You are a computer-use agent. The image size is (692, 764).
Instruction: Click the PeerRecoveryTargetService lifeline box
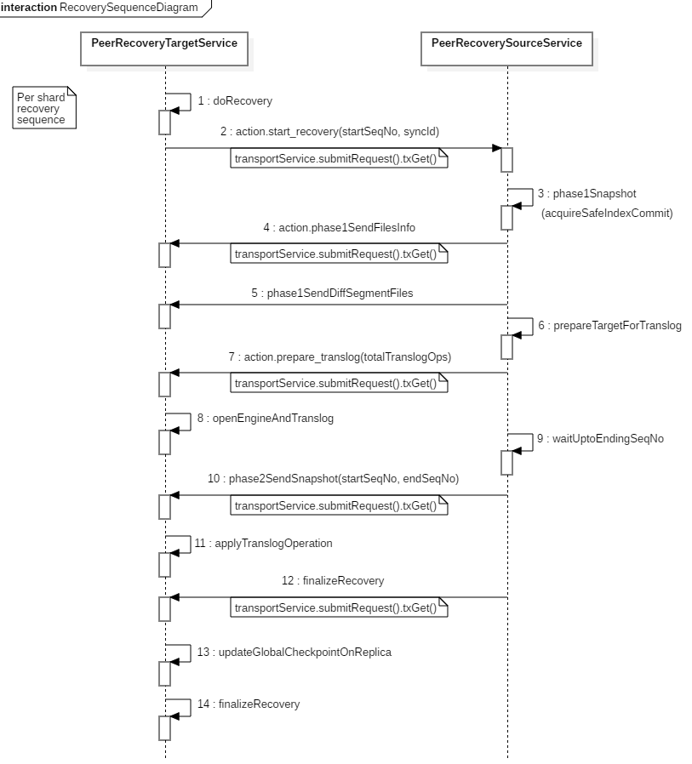pos(164,48)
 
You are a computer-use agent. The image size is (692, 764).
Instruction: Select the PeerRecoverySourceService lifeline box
pos(506,48)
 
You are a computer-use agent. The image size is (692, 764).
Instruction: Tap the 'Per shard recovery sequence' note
pos(44,108)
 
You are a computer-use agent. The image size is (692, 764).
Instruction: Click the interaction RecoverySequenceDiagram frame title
pos(100,8)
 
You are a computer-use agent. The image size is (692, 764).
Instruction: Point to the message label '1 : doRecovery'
pos(235,101)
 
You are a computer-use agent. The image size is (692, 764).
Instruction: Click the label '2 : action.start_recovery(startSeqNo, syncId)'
pos(329,132)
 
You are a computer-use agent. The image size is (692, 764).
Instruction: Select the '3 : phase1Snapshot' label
pos(586,193)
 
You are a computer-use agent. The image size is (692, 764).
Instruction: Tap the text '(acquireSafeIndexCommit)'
pos(607,213)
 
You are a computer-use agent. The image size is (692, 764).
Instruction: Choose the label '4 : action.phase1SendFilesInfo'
pos(339,227)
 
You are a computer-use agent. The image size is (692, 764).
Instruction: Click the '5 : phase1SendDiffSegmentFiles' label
pos(332,293)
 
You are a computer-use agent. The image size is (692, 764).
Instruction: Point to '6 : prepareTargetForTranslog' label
pos(609,326)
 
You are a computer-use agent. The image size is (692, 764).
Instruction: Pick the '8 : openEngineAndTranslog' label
pos(265,418)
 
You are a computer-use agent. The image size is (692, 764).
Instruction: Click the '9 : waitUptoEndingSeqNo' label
pos(600,438)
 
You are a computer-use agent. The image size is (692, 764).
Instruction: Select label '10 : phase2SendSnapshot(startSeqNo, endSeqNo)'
pos(334,478)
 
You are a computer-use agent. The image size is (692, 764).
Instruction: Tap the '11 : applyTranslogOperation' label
pos(263,544)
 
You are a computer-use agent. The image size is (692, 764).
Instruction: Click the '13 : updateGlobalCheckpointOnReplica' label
pos(294,652)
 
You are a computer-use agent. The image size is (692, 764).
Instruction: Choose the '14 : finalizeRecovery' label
pos(248,704)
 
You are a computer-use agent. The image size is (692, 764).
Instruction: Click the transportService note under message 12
pos(339,607)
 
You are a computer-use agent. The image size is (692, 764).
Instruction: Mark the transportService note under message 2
pos(339,158)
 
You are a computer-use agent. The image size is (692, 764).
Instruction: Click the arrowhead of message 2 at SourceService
pos(496,148)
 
